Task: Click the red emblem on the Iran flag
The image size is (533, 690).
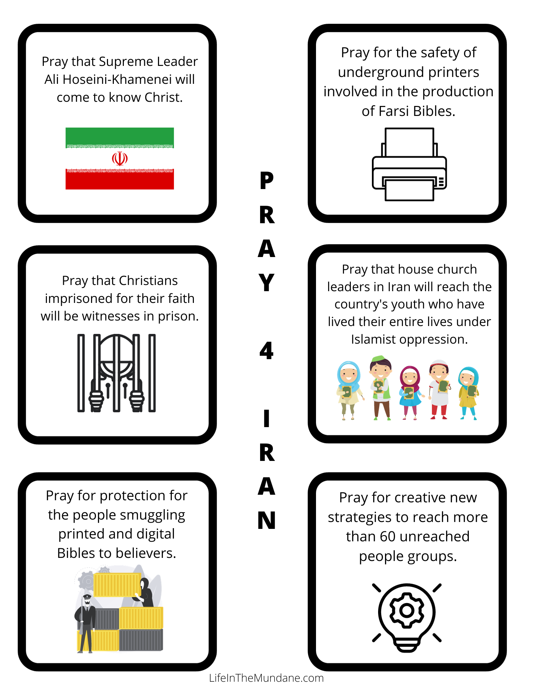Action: (120, 159)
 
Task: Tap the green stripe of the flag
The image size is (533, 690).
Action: (120, 136)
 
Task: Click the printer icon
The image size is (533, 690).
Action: (409, 164)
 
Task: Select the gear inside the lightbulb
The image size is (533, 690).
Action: (407, 610)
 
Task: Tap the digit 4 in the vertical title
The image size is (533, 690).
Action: (266, 351)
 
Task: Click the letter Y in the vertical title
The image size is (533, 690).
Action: (266, 283)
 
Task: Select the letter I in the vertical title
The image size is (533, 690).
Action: (266, 418)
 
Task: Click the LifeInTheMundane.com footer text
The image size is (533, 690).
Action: (266, 678)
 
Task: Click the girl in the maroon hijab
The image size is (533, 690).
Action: (410, 392)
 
